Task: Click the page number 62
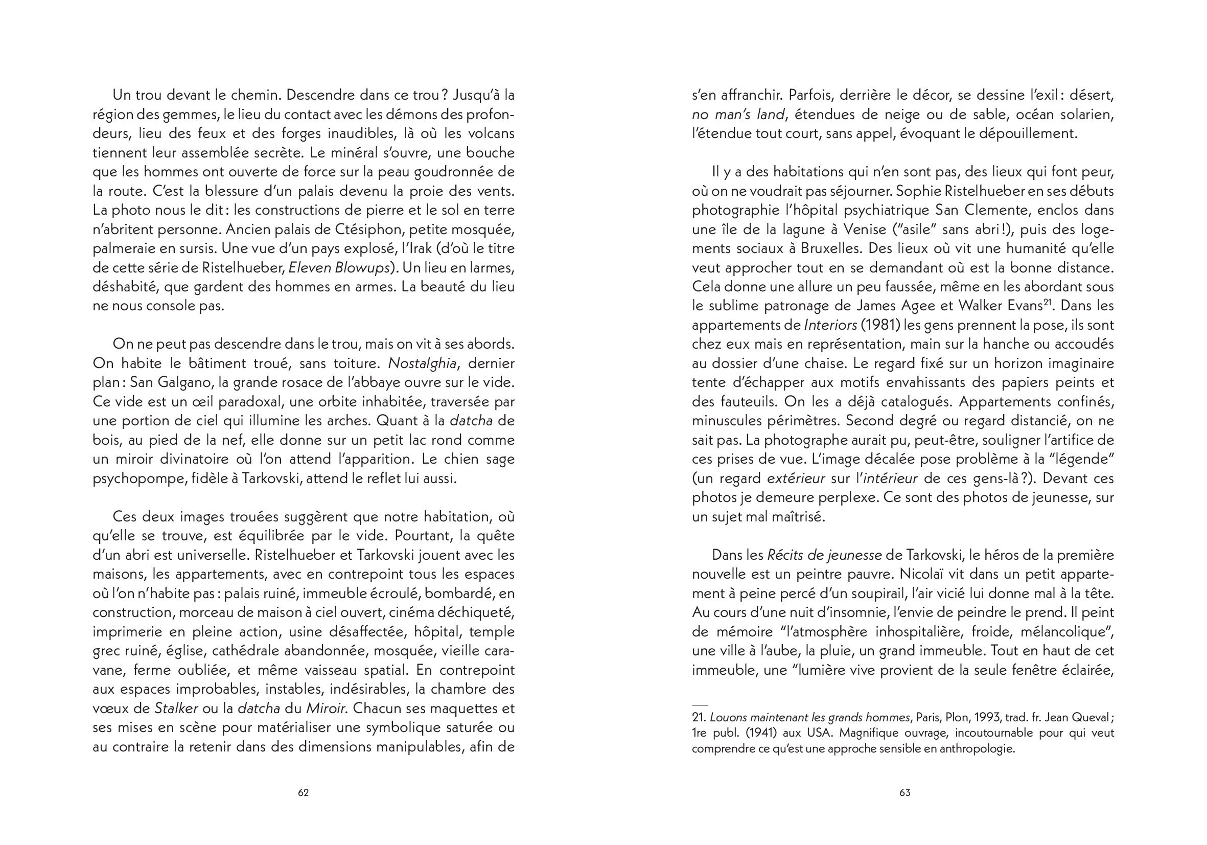point(304,792)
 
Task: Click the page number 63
point(904,792)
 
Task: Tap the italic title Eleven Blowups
point(339,268)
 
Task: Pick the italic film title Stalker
point(176,709)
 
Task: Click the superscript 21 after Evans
point(1048,302)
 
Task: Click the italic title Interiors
point(830,325)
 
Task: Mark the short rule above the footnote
point(700,705)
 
